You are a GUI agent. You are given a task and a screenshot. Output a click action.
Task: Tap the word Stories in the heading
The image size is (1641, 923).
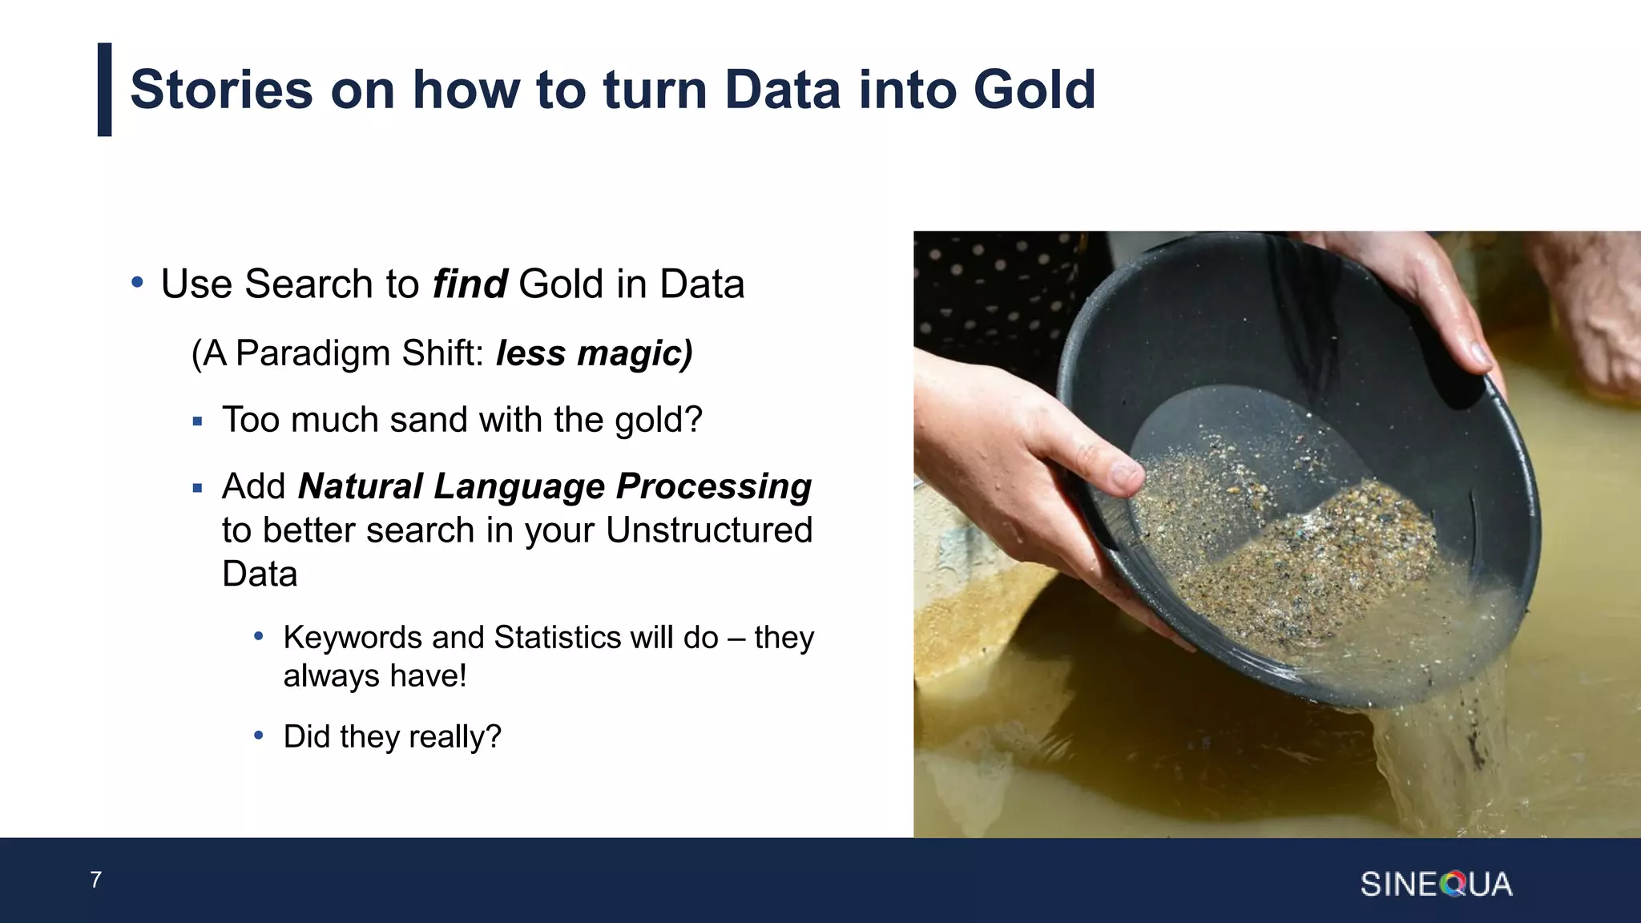pyautogui.click(x=221, y=89)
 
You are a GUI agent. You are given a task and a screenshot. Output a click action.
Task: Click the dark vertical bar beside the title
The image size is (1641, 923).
pyautogui.click(x=104, y=89)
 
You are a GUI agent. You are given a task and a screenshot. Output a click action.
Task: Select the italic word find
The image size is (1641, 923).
pyautogui.click(x=469, y=284)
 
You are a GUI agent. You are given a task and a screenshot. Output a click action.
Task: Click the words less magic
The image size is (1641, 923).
pyautogui.click(x=594, y=353)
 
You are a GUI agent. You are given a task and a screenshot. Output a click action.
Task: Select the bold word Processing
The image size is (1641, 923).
pyautogui.click(x=713, y=486)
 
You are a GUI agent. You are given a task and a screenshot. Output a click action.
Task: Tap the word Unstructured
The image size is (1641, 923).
pyautogui.click(x=708, y=530)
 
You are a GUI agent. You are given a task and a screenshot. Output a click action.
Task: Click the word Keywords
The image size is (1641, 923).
pyautogui.click(x=352, y=638)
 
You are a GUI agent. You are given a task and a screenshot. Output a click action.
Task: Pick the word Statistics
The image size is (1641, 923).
pyautogui.click(x=557, y=638)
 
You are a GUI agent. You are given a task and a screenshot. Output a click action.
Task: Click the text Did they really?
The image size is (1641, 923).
pyautogui.click(x=392, y=737)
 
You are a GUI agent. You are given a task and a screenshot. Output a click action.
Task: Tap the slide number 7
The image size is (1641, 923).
pyautogui.click(x=96, y=880)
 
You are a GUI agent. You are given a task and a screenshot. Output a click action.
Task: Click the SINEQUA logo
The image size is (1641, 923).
pyautogui.click(x=1435, y=885)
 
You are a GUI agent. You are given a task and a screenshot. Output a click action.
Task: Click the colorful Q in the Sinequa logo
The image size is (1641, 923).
pyautogui.click(x=1453, y=885)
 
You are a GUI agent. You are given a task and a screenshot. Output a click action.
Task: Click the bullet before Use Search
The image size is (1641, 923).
pyautogui.click(x=137, y=284)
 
